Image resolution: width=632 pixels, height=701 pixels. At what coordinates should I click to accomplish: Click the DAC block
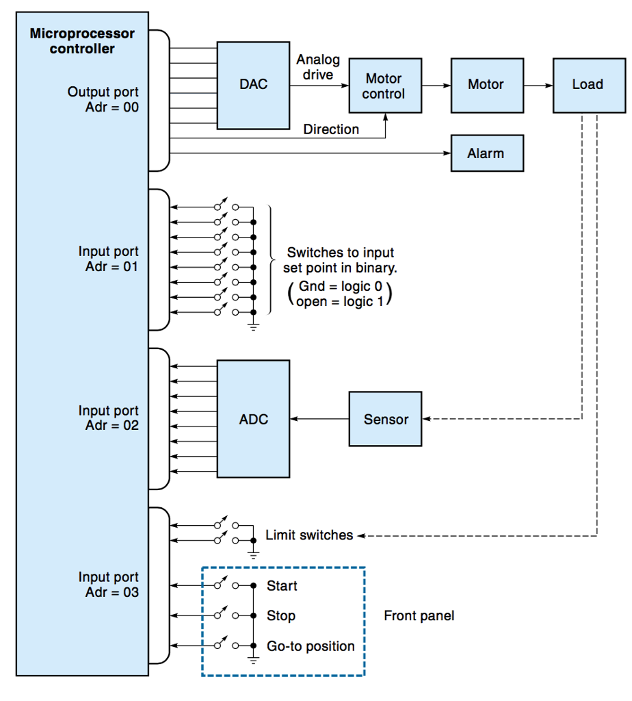[x=253, y=85]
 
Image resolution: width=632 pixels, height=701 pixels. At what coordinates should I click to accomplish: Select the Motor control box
[x=385, y=86]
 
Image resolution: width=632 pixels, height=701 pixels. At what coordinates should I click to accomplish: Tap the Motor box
[x=486, y=85]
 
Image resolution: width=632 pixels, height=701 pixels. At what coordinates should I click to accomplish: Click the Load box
[x=588, y=85]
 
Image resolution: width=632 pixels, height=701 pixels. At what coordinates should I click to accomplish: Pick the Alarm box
[x=486, y=153]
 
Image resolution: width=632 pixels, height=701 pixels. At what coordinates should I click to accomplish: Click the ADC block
[x=253, y=419]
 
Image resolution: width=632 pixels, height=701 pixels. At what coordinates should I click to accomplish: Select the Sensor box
[x=385, y=419]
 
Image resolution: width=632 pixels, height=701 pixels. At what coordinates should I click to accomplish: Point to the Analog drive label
[x=317, y=67]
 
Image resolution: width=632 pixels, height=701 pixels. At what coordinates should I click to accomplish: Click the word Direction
[x=331, y=129]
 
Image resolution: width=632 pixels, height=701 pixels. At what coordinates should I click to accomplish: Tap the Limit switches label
[x=309, y=535]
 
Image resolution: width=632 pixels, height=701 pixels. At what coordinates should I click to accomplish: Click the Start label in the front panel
[x=282, y=586]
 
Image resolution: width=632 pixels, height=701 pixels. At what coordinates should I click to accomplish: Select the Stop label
[x=281, y=616]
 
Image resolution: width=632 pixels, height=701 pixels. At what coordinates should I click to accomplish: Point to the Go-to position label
[x=311, y=646]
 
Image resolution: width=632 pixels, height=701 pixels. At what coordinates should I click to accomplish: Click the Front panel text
[x=419, y=616]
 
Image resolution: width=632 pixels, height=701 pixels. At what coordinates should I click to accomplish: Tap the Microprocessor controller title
[x=82, y=41]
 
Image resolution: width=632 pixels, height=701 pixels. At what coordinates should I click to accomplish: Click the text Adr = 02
[x=111, y=426]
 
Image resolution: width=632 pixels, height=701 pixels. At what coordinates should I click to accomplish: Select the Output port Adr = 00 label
[x=103, y=99]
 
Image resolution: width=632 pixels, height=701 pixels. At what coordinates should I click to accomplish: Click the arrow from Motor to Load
[x=538, y=86]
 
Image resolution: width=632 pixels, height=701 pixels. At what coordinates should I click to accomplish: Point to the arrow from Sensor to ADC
[x=319, y=419]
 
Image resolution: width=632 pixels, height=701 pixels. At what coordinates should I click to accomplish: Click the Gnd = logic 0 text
[x=340, y=287]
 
